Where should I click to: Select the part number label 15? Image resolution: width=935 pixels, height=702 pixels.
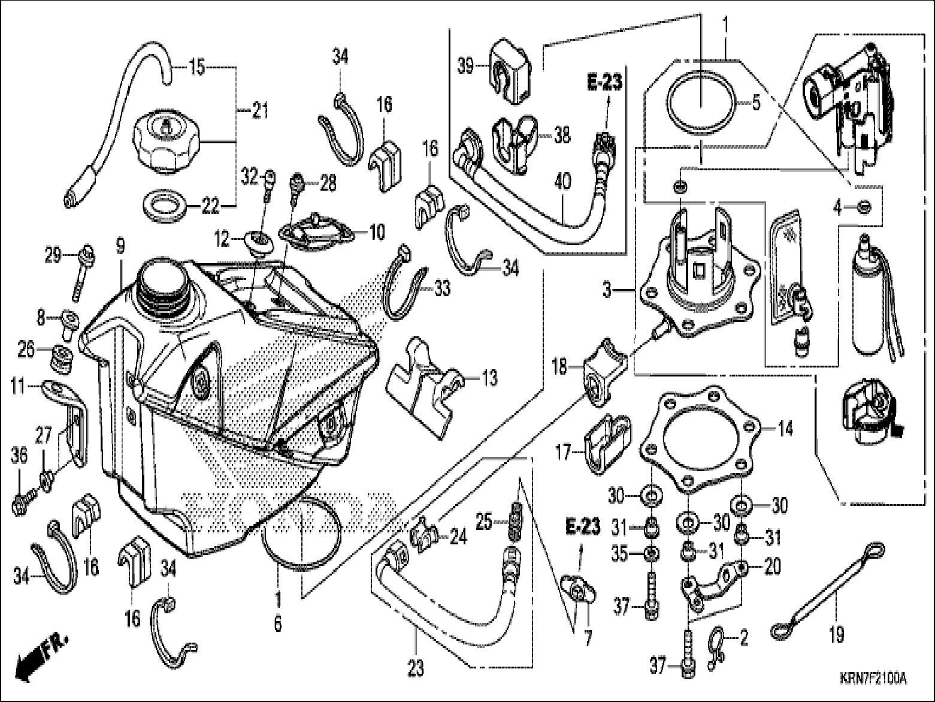(x=197, y=67)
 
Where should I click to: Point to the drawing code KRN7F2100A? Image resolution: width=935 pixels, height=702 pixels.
(x=872, y=679)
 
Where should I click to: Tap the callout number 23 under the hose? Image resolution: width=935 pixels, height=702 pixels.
(x=415, y=667)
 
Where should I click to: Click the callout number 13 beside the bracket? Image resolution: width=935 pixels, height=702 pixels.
(x=489, y=378)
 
